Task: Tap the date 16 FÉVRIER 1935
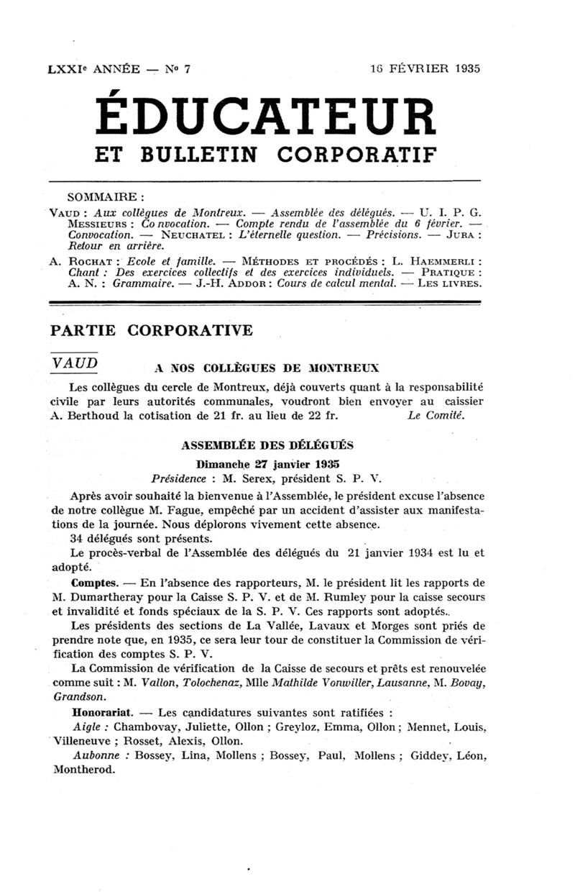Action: (425, 69)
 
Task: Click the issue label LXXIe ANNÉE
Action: (93, 69)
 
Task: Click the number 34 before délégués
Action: (78, 538)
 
